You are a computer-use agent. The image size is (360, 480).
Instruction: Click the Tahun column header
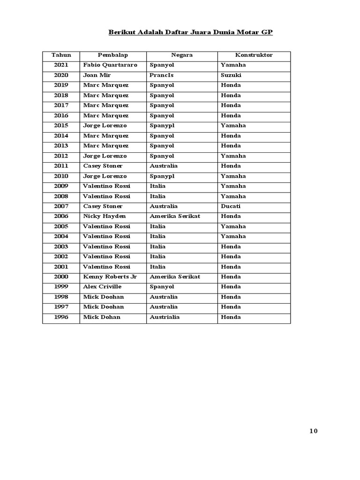point(61,55)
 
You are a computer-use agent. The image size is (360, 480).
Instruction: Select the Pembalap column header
point(112,55)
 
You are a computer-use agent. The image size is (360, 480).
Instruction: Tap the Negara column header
point(182,55)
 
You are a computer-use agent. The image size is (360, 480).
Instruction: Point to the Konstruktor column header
point(254,55)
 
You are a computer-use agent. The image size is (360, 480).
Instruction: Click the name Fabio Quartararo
point(110,65)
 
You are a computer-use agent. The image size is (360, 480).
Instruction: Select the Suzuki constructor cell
point(231,75)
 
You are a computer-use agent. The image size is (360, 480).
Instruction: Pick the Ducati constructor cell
point(231,206)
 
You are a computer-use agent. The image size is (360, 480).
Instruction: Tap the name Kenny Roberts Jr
point(110,277)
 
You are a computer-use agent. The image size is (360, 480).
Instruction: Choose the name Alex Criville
point(102,286)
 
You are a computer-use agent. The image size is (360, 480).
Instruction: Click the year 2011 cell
point(61,166)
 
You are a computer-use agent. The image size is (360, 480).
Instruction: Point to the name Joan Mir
point(97,75)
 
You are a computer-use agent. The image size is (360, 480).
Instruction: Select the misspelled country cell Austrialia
point(165,317)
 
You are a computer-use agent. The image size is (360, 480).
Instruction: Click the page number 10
point(314,431)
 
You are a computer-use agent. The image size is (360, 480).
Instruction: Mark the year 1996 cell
point(61,317)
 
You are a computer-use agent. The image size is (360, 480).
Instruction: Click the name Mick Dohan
point(102,317)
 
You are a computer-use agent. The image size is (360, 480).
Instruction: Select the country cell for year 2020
point(162,75)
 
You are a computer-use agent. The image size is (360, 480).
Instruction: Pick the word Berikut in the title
point(120,33)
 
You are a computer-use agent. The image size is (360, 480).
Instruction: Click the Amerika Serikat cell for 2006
point(175,216)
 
